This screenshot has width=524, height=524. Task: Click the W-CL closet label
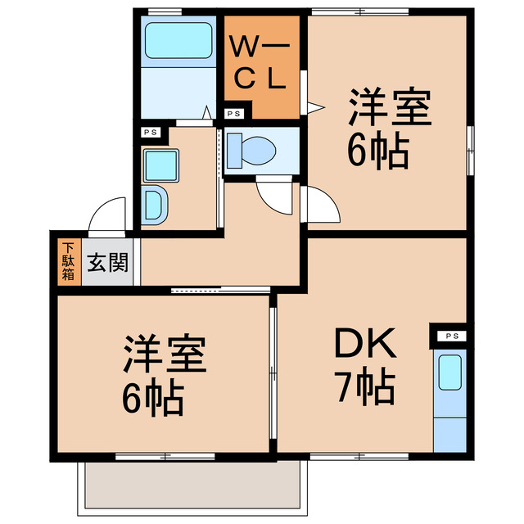pyautogui.click(x=256, y=64)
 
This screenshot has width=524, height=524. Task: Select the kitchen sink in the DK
pyautogui.click(x=449, y=373)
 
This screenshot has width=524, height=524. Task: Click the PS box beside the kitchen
pyautogui.click(x=449, y=336)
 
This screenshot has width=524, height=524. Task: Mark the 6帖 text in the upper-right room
pyautogui.click(x=378, y=151)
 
